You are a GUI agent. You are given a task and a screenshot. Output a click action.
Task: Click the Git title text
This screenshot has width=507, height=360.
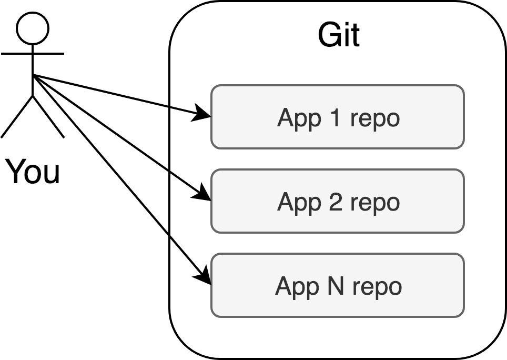(x=339, y=36)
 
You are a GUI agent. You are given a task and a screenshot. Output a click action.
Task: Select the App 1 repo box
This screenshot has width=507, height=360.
(x=337, y=117)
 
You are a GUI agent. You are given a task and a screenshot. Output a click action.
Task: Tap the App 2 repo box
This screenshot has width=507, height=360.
(x=337, y=201)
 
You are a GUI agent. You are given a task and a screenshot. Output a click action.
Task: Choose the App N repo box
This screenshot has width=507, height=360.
(x=337, y=285)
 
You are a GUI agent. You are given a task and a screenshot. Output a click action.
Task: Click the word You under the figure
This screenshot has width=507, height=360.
(x=33, y=172)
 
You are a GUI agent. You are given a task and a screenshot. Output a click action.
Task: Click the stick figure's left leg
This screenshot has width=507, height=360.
(x=17, y=117)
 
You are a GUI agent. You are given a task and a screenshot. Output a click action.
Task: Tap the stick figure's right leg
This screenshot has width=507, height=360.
(x=48, y=117)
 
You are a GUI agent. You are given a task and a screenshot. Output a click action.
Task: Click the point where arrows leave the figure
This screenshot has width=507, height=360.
(x=33, y=75)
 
